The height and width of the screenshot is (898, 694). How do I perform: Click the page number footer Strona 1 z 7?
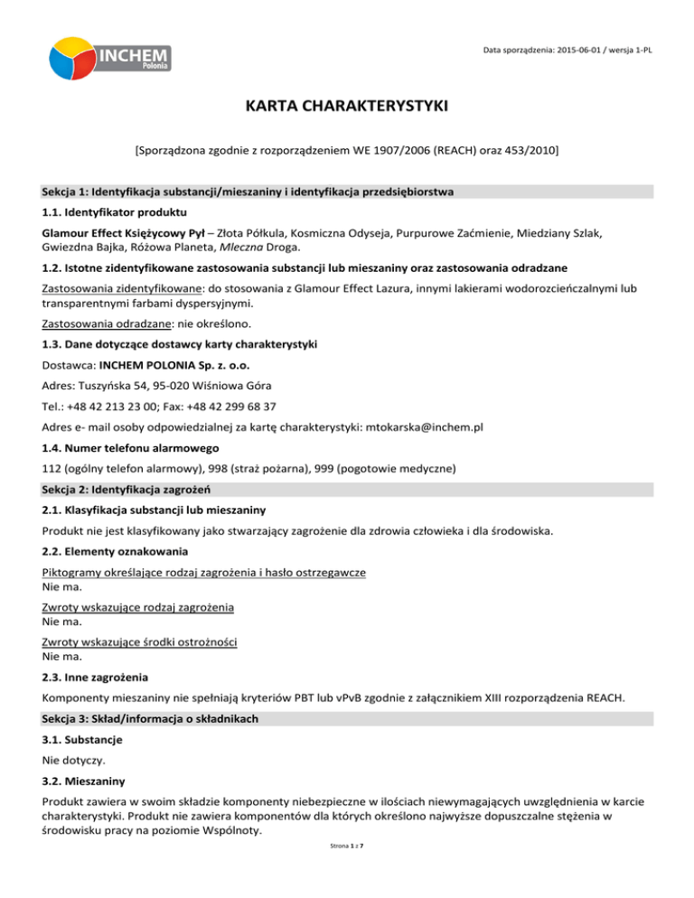346,874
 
